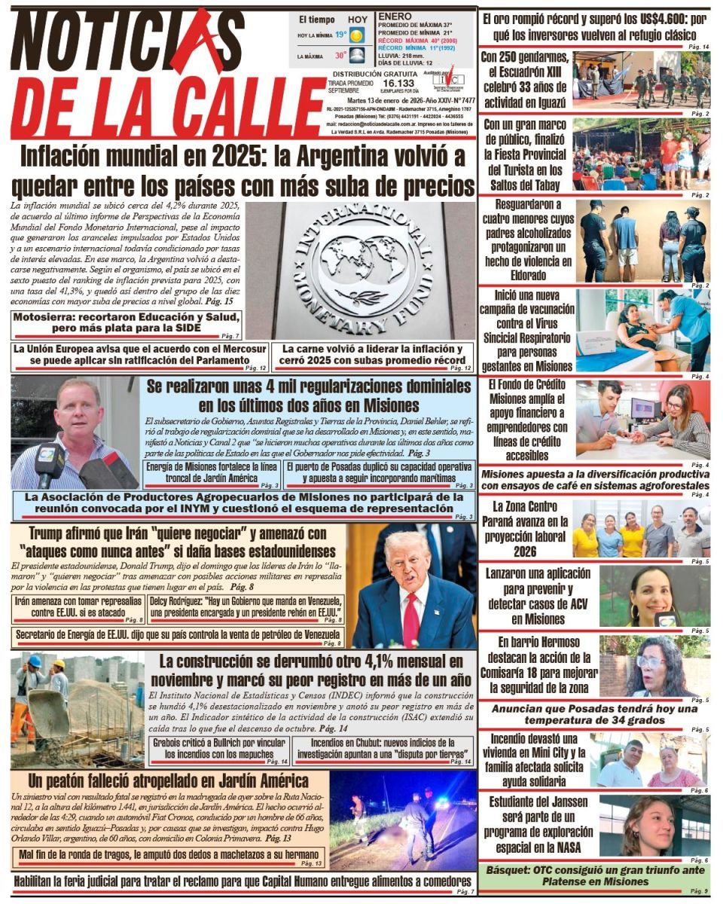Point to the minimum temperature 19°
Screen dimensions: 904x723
tap(341, 35)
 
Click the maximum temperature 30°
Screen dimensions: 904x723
tap(341, 55)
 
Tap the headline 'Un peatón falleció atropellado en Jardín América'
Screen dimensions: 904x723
tap(168, 780)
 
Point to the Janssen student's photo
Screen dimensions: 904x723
tap(654, 826)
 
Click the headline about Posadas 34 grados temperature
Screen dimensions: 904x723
tap(595, 713)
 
